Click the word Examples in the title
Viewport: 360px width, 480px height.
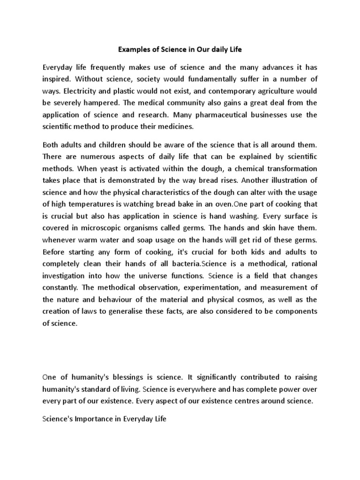(131, 48)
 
